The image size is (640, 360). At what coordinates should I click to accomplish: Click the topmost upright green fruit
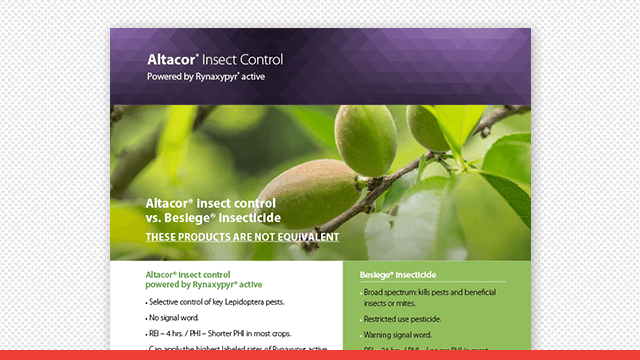[366, 140]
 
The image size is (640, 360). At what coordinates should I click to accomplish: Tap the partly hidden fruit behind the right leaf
[427, 128]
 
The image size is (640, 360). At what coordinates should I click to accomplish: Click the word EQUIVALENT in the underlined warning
[304, 237]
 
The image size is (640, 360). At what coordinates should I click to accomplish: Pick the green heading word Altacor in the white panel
[162, 274]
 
